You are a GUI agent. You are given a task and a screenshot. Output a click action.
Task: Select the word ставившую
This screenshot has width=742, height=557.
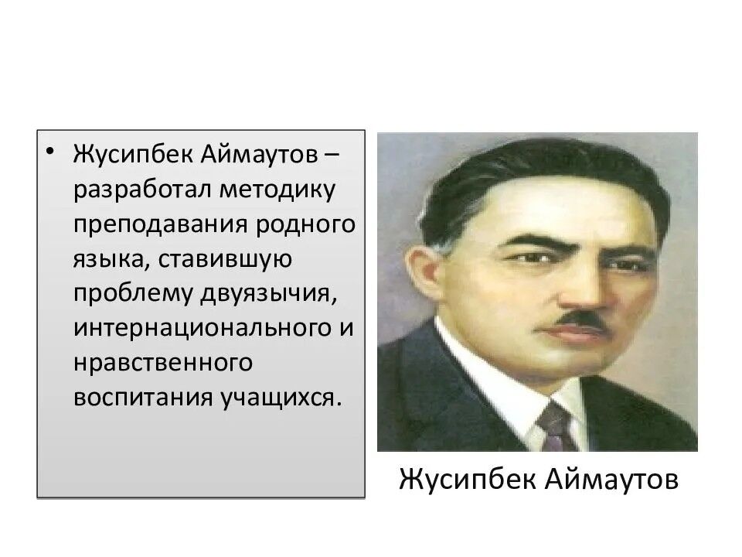[x=226, y=260]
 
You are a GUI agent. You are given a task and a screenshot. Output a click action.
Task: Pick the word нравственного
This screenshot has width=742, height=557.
[x=163, y=363]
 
